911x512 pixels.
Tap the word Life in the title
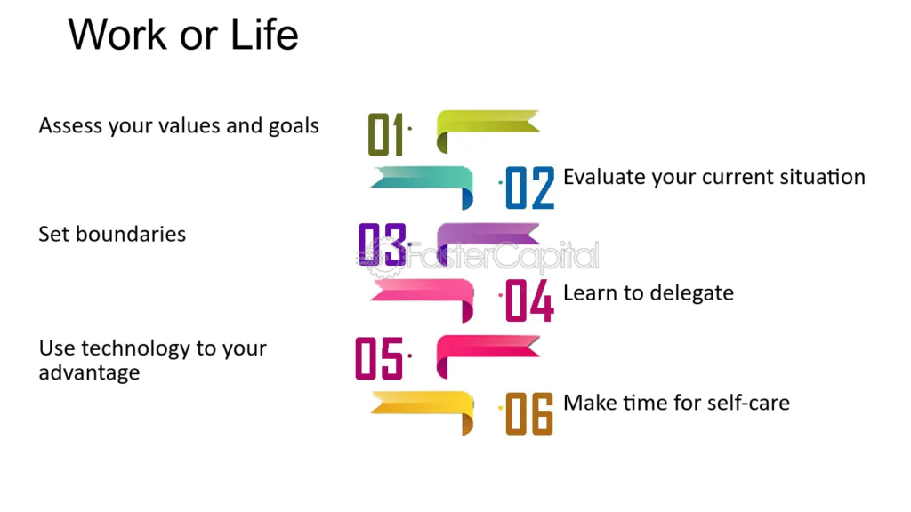[x=264, y=35]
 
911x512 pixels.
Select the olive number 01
[x=386, y=135]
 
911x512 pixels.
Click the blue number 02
[x=530, y=188]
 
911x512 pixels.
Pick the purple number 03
[x=382, y=244]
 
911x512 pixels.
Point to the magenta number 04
[x=529, y=300]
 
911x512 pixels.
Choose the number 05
[x=379, y=358]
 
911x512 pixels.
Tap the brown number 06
[x=529, y=413]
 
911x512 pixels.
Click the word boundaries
[x=131, y=234]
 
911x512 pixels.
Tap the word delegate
[x=691, y=293]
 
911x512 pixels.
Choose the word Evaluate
[x=605, y=177]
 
